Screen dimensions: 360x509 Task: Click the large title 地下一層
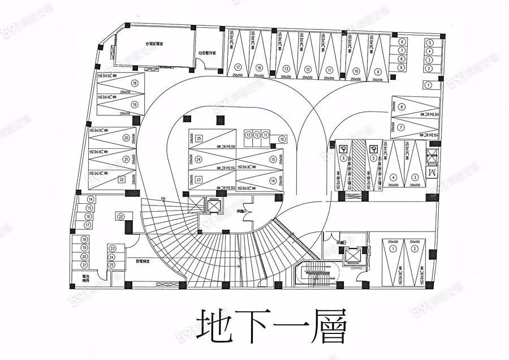[271, 325]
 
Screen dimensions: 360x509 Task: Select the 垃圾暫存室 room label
[208, 54]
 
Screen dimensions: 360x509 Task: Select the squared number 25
[199, 138]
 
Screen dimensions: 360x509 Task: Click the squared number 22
[121, 179]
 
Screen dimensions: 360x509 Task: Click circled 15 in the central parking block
[273, 160]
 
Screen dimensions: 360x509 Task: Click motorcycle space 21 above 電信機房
[84, 265]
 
